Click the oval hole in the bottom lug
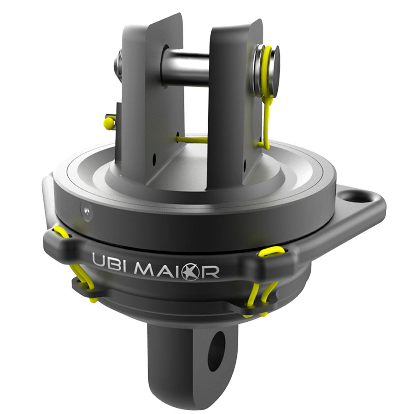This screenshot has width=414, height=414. click(x=217, y=350)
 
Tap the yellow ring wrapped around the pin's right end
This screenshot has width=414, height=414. click(x=265, y=70)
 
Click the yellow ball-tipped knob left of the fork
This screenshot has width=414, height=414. click(x=109, y=122)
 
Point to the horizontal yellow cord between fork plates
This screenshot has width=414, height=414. click(x=192, y=140)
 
